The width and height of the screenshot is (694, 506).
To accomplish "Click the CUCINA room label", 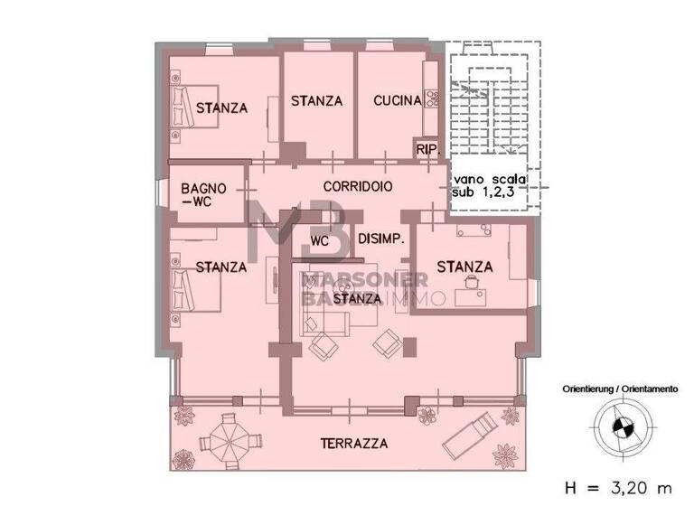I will pos(398,101).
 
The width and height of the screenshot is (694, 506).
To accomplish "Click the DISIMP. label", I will pos(380,239).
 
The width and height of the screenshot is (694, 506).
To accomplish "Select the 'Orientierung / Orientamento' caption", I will pos(619,389).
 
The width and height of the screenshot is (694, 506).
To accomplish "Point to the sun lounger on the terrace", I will pos(469,433).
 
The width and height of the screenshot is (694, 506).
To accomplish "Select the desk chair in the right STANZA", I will pos(471,283).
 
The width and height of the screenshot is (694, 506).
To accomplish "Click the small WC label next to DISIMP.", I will pos(319,241).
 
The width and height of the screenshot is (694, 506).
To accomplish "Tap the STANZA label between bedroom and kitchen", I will pos(316,101).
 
